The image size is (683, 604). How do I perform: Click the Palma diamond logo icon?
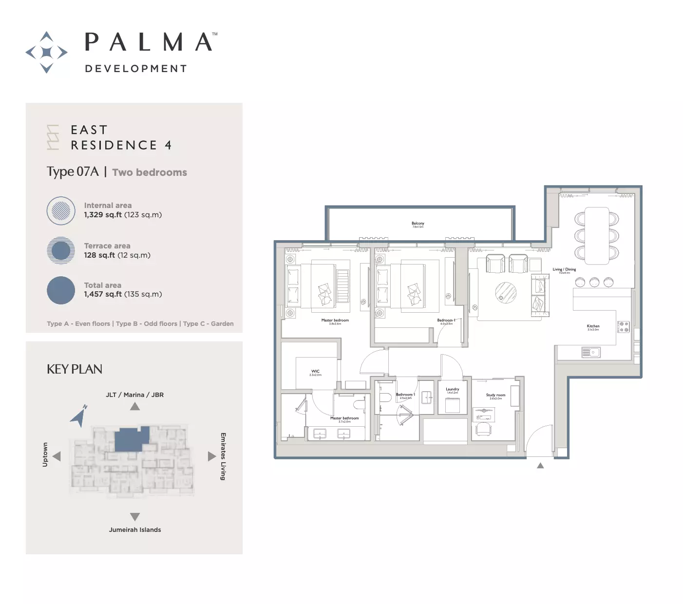tap(46, 52)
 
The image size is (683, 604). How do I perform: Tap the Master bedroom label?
tap(335, 321)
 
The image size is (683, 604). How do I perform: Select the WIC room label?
tap(315, 372)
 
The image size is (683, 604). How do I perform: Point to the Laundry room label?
tap(452, 389)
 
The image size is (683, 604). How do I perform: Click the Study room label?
tap(495, 396)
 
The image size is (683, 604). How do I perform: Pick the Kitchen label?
tap(593, 326)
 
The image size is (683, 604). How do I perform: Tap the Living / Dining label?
tap(564, 269)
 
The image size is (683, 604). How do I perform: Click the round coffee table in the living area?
tap(506, 293)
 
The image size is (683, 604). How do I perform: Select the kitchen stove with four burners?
tap(624, 327)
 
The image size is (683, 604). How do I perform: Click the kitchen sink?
tap(590, 352)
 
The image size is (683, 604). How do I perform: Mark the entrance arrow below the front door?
tap(540, 466)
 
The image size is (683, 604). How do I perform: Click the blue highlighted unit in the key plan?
tap(131, 439)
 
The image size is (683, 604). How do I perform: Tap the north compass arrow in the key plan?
tap(79, 416)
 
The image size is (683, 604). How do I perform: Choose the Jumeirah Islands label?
tap(135, 530)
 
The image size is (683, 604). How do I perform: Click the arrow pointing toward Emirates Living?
tap(211, 456)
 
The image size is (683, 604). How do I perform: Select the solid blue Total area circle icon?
tap(61, 290)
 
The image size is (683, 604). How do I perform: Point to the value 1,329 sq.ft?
tap(103, 215)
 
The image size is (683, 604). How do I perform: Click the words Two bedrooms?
tap(150, 172)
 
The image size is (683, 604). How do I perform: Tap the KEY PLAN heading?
tap(75, 369)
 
